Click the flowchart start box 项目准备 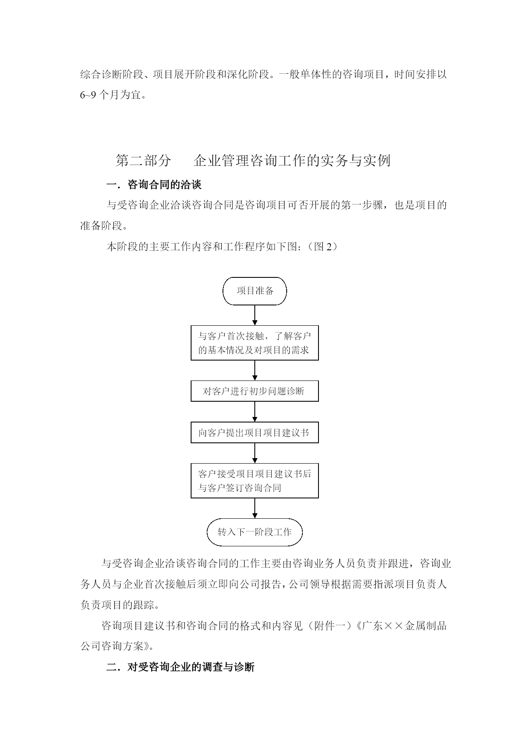tap(255, 291)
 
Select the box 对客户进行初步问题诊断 tap(255, 391)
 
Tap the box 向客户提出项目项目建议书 tap(255, 433)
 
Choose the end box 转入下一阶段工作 tap(255, 532)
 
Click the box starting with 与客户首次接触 tap(255, 343)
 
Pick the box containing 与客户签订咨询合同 tap(255, 481)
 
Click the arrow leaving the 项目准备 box tap(255, 315)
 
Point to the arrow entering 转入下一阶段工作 tap(255, 508)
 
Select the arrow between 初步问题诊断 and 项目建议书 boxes tap(255, 412)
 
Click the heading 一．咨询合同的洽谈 tap(154, 185)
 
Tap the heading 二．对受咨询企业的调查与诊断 tap(180, 667)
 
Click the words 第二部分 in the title tap(143, 161)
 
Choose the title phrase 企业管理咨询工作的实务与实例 tap(292, 161)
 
